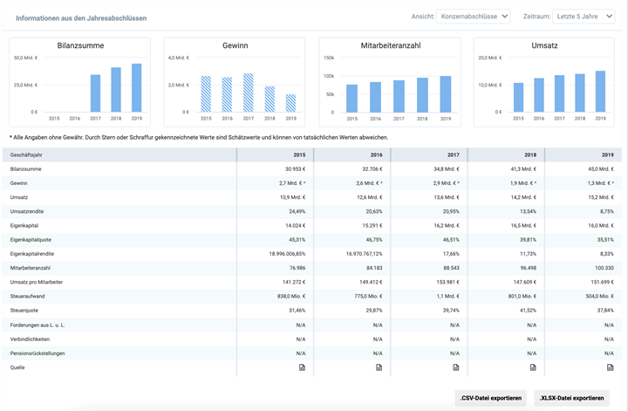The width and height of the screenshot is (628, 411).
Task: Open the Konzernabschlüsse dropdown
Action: pyautogui.click(x=474, y=17)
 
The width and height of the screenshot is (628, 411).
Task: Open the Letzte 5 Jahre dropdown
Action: pyautogui.click(x=583, y=17)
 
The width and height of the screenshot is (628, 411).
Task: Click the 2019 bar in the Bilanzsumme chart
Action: pyautogui.click(x=136, y=88)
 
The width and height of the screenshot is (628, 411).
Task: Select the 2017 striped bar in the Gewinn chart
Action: pyautogui.click(x=249, y=93)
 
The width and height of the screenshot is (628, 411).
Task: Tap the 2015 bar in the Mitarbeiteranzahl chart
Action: pyautogui.click(x=352, y=99)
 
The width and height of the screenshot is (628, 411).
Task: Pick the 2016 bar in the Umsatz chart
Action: pyautogui.click(x=538, y=95)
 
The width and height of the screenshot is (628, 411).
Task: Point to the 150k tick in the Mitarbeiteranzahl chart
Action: pyautogui.click(x=329, y=58)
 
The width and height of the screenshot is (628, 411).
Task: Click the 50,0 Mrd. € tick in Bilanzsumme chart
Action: pyautogui.click(x=26, y=58)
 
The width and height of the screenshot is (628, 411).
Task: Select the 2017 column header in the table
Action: pyautogui.click(x=454, y=154)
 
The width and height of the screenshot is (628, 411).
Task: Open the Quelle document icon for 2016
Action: pyautogui.click(x=379, y=367)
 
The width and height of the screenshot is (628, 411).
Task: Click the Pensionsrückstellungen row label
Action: pyautogui.click(x=38, y=353)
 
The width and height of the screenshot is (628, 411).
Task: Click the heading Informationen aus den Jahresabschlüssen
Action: pyautogui.click(x=81, y=17)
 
